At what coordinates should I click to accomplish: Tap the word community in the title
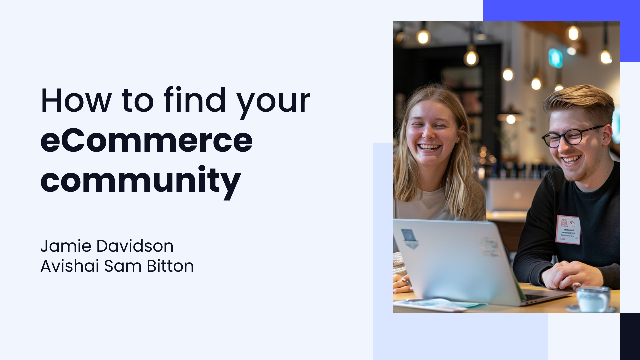(140, 181)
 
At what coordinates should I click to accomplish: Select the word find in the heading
(195, 100)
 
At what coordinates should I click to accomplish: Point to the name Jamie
(66, 246)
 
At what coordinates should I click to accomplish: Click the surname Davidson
(135, 246)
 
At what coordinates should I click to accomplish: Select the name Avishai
(70, 266)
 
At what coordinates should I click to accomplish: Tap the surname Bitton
(170, 266)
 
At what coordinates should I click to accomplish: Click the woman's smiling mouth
(429, 147)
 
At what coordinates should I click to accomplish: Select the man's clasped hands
(572, 275)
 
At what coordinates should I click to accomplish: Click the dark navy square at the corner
(630, 336)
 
